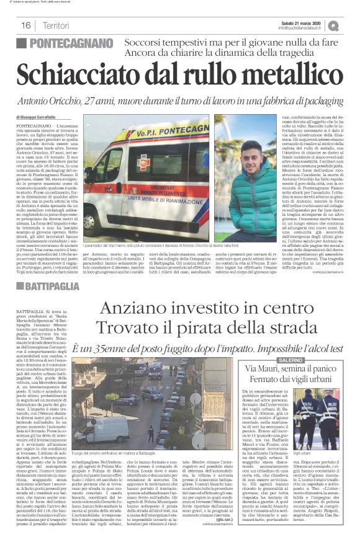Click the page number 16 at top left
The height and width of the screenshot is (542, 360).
[26, 25]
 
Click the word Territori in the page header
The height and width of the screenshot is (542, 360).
[57, 25]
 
